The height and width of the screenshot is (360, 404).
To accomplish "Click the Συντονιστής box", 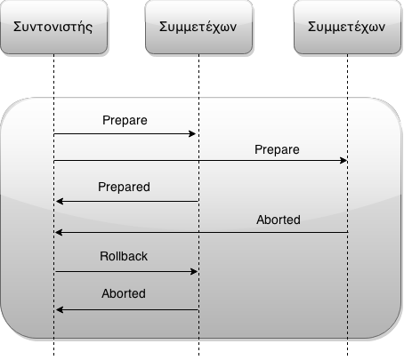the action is tap(53, 27).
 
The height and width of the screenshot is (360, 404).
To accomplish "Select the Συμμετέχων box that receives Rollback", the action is tap(198, 27).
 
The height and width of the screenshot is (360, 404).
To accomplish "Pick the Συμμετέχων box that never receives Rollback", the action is tap(347, 27).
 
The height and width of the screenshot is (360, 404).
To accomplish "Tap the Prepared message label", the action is tap(124, 188).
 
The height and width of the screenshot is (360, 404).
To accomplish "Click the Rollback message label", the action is tap(124, 256).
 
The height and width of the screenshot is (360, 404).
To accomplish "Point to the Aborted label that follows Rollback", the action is tap(124, 293).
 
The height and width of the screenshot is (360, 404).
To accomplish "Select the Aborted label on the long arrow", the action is tap(279, 220).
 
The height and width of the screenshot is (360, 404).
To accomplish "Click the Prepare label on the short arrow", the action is tap(125, 121).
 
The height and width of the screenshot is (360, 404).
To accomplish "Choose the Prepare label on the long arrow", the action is tap(277, 150).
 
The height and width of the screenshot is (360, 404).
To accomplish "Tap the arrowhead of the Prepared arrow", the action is tap(59, 202).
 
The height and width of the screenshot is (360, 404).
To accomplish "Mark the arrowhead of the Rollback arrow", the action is tap(194, 271).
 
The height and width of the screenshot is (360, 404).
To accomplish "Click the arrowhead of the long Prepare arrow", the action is tap(343, 161).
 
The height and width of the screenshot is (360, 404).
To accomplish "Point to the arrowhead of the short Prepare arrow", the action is tap(192, 134).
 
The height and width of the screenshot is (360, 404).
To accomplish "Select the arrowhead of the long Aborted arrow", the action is tap(59, 233).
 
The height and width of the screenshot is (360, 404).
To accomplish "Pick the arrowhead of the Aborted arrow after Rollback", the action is tap(59, 310).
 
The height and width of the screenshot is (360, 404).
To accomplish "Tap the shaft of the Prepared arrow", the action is tap(127, 202).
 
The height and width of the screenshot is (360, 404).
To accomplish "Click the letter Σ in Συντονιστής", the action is tap(18, 27).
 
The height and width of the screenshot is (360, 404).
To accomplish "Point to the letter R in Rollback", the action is tap(104, 256).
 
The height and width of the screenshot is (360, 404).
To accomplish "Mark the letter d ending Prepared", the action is tap(147, 187).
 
